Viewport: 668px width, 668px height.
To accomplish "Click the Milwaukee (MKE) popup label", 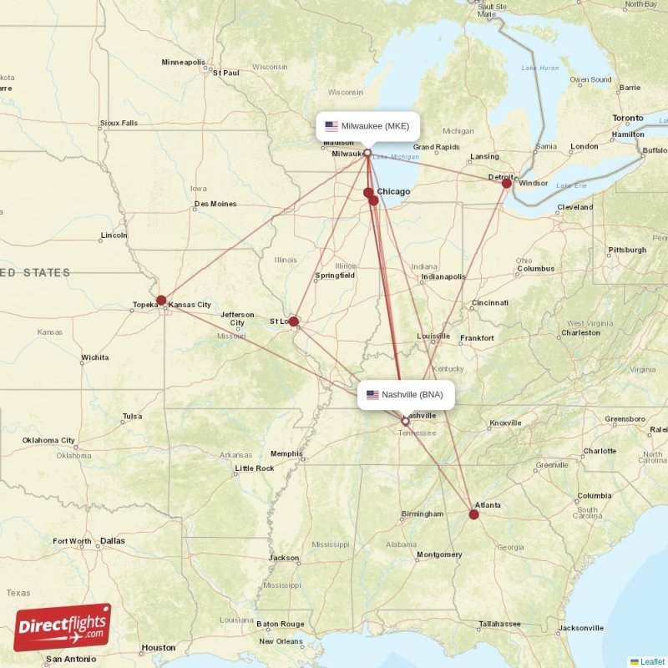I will tap(367, 127).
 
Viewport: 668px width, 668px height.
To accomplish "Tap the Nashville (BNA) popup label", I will tap(406, 395).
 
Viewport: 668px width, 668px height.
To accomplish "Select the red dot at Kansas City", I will tap(161, 301).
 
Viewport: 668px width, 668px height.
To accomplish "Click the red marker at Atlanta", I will tap(474, 514).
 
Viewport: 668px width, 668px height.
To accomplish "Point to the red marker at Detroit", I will tap(506, 183).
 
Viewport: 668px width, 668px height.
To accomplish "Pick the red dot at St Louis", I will tap(294, 321).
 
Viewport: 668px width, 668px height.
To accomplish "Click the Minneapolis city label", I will tap(183, 62).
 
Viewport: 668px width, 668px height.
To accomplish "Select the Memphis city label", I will tap(286, 453).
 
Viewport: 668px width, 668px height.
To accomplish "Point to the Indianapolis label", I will tap(443, 276).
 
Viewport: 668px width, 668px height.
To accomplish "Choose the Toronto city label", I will tap(628, 119).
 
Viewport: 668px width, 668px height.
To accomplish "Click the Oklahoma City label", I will tap(48, 440).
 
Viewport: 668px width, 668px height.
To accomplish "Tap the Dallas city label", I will tap(112, 541).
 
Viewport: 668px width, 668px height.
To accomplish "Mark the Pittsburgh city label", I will tap(626, 250).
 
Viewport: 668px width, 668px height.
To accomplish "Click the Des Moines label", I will tap(215, 204).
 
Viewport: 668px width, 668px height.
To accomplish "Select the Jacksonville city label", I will tap(580, 628).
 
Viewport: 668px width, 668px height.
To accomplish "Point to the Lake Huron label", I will tap(540, 67).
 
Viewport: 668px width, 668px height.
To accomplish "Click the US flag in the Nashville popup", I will tap(372, 395).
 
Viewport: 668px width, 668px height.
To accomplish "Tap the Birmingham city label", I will tap(422, 514).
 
